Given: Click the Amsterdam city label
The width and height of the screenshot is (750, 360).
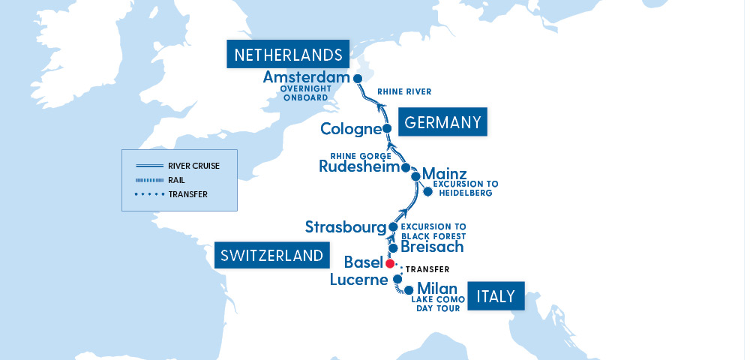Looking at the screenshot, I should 307,78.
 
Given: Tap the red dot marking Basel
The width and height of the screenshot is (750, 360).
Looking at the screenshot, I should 390,263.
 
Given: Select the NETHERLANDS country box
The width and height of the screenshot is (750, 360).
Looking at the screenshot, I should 288,55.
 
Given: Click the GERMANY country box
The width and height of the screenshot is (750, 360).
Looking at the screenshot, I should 443,122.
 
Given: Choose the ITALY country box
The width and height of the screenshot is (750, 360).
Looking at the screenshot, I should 496,296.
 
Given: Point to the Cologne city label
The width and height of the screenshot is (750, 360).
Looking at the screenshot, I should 350,129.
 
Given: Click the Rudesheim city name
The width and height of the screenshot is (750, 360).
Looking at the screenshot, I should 359,166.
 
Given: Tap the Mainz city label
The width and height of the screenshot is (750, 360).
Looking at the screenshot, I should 445,174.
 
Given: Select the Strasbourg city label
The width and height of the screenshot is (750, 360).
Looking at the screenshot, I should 345,226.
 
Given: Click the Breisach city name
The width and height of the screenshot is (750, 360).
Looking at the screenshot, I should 432,247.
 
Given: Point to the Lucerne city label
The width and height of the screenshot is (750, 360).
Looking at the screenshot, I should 360,280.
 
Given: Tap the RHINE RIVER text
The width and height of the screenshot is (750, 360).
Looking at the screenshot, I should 404,92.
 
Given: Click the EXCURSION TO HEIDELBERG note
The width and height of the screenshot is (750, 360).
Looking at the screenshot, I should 466,188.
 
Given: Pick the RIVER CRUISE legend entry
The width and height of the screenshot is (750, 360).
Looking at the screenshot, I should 193,166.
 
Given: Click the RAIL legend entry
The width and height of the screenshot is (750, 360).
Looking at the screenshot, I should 177,180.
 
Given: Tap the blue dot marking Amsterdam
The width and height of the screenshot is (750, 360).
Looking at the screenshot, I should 358,79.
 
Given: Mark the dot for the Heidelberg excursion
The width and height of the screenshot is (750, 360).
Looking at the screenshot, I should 427,191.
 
